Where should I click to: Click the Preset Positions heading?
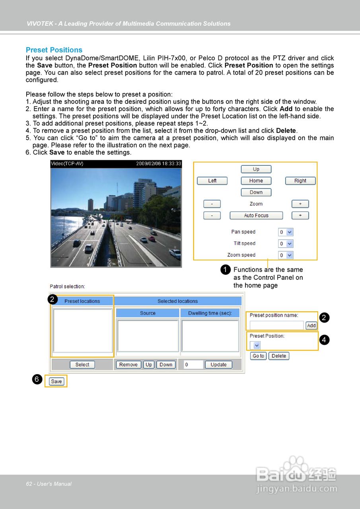(54, 50)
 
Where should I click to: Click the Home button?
(256, 181)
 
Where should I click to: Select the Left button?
(212, 181)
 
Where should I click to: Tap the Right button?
(300, 181)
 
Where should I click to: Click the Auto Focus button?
(256, 216)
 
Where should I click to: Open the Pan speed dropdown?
(286, 232)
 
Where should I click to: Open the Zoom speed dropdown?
(286, 255)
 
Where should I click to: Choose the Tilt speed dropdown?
(286, 244)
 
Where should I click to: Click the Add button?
(311, 325)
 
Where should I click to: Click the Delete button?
(279, 356)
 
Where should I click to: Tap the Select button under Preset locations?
(82, 365)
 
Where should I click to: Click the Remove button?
(128, 365)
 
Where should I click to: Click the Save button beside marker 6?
(56, 381)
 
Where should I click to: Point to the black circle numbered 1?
(225, 270)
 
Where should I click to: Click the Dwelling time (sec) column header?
(210, 313)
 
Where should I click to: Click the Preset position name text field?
(277, 325)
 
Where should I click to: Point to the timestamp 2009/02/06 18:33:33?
(159, 163)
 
